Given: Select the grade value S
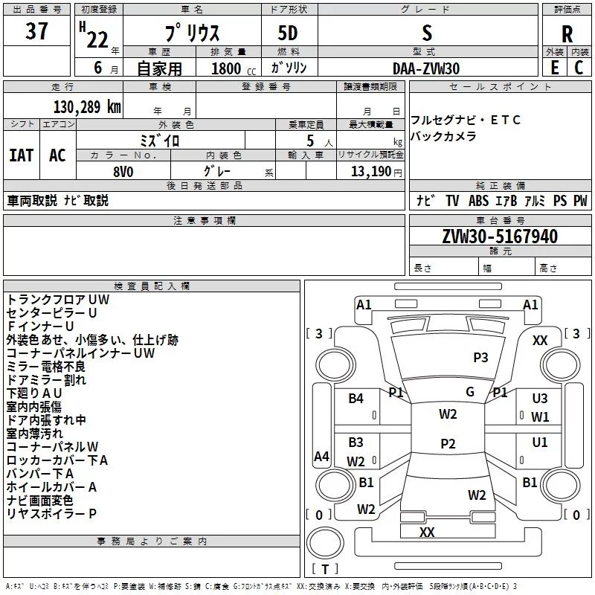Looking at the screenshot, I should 426,33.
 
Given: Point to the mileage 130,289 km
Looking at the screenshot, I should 87,107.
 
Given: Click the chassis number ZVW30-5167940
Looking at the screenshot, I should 499,237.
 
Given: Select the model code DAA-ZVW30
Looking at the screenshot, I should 426,68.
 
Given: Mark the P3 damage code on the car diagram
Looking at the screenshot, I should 480,358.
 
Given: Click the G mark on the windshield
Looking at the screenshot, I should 470,392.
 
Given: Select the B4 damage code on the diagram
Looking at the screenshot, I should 356,399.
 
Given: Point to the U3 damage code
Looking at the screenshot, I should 540,399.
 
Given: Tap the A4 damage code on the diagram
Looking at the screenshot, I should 321,456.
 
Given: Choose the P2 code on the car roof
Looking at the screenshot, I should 448,444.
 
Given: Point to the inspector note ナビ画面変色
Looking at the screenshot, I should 39,501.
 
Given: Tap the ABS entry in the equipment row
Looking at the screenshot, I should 478,201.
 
